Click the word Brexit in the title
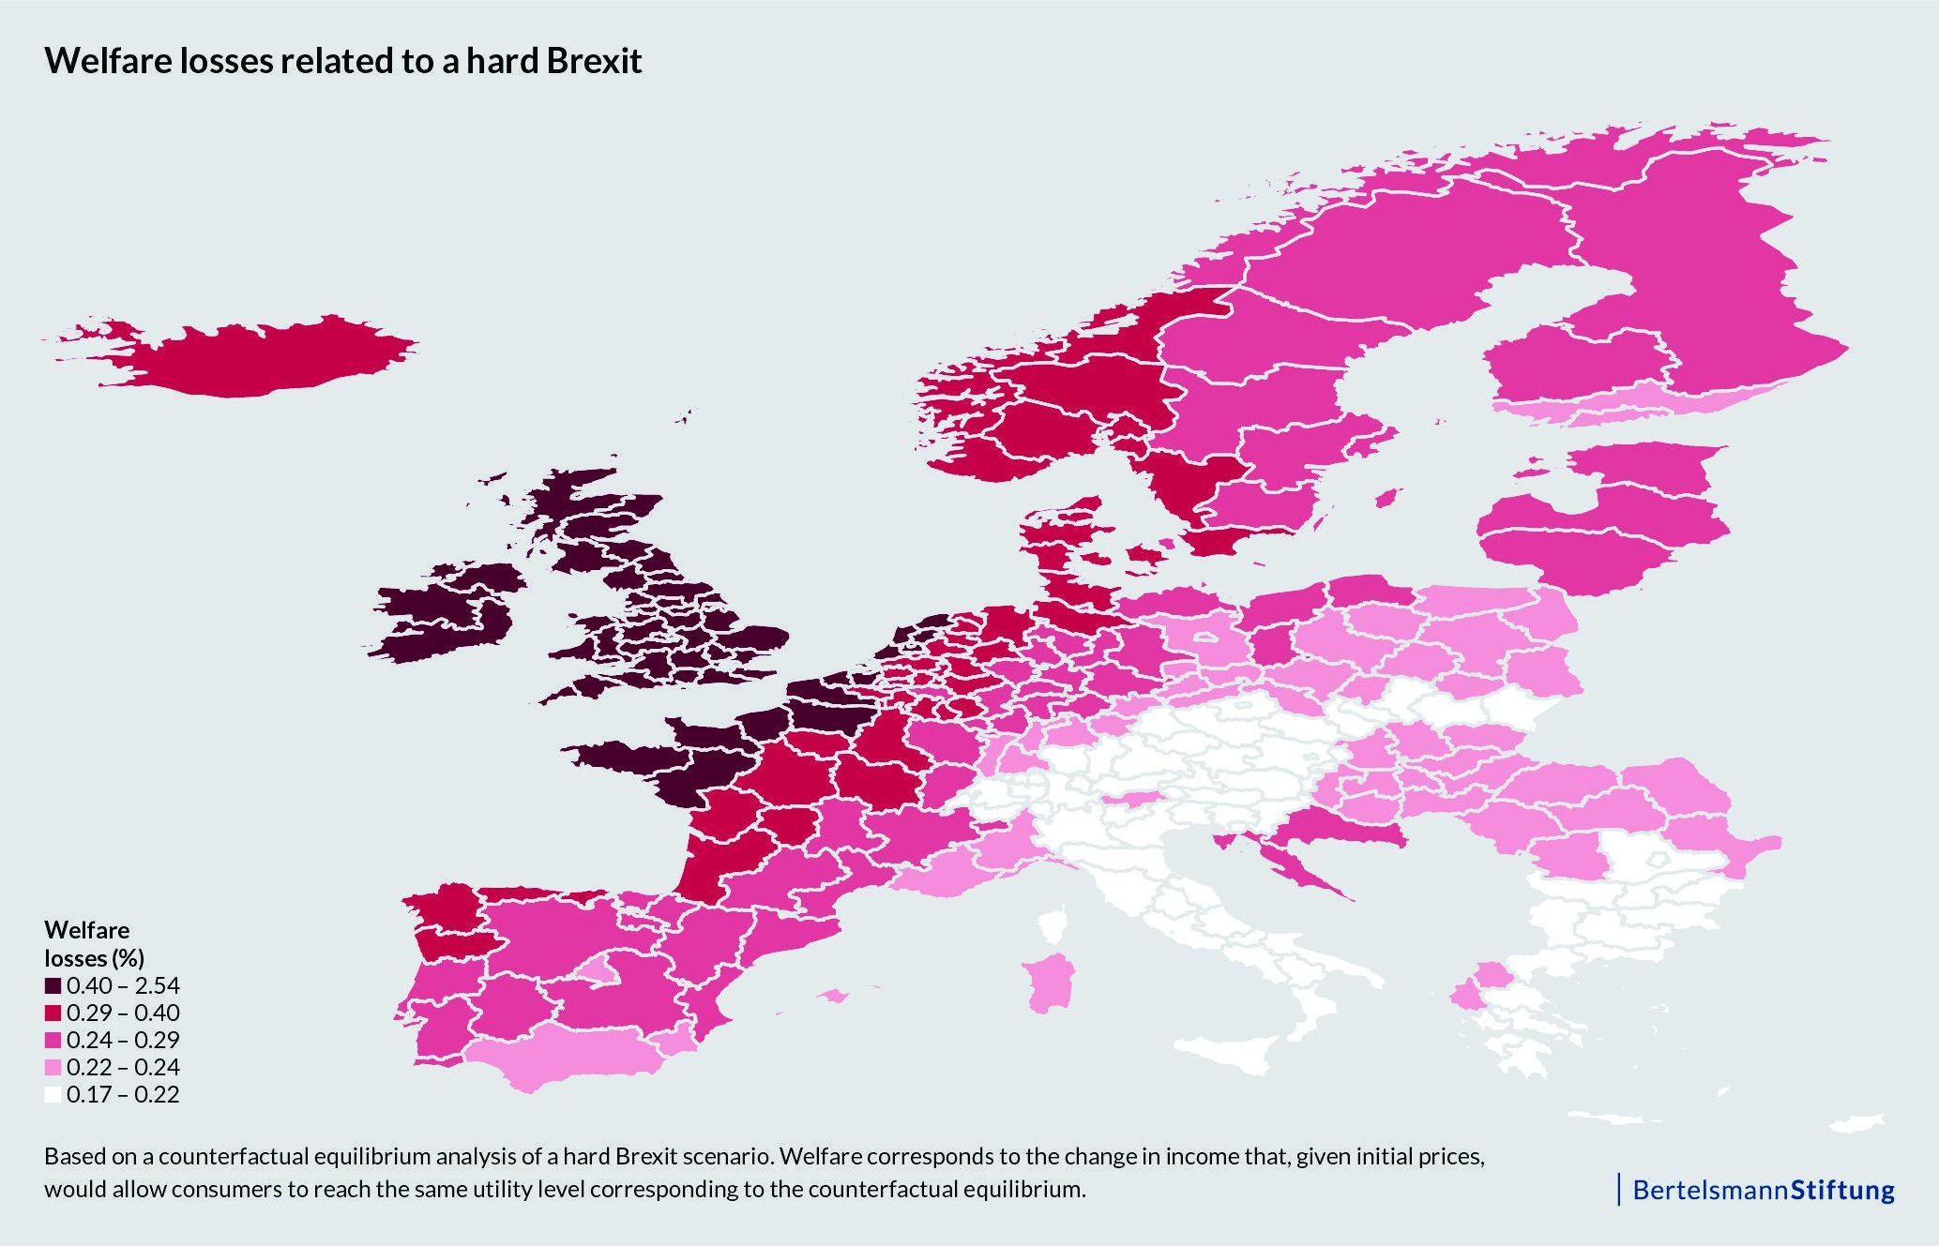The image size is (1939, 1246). [594, 61]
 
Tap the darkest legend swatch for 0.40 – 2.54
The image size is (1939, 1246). [53, 985]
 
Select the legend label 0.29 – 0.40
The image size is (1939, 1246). [123, 1013]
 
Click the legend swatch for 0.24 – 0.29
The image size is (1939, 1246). [53, 1040]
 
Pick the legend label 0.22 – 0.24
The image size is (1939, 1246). [123, 1067]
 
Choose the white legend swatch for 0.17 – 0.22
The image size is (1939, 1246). [53, 1094]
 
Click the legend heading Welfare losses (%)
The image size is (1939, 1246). [94, 943]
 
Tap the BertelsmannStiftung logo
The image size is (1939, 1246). [1764, 1190]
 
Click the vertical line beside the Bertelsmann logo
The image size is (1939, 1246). [1619, 1189]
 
